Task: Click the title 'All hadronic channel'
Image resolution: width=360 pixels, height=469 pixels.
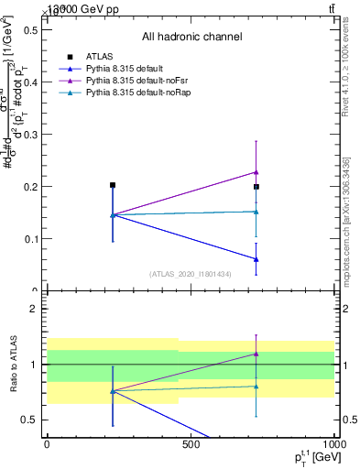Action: click(x=191, y=37)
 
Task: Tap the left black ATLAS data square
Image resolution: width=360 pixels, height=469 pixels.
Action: click(x=113, y=185)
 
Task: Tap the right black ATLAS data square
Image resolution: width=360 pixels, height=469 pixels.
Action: click(x=256, y=187)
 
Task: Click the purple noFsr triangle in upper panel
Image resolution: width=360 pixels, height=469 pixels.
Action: click(x=256, y=172)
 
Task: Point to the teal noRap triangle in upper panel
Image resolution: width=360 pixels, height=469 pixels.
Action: click(x=256, y=212)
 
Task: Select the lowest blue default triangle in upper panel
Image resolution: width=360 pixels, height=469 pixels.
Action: click(x=256, y=259)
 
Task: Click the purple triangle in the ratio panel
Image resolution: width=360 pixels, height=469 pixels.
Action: click(x=256, y=354)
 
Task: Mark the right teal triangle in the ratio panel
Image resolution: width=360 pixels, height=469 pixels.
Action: click(x=256, y=387)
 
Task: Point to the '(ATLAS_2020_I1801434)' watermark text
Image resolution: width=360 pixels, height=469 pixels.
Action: click(x=190, y=274)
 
